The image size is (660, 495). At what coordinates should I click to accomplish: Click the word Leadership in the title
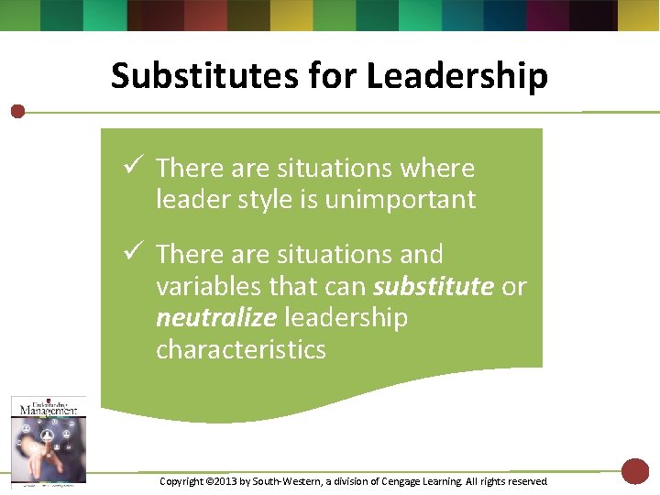[x=456, y=76]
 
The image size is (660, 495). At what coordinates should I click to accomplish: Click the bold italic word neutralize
[x=216, y=318]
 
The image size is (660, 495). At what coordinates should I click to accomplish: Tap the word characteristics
[x=240, y=349]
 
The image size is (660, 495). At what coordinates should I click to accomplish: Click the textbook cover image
[x=48, y=439]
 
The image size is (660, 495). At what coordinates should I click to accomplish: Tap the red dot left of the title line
[x=17, y=112]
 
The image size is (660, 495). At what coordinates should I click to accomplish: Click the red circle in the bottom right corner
[x=634, y=471]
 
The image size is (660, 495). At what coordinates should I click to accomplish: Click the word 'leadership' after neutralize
[x=346, y=318]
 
